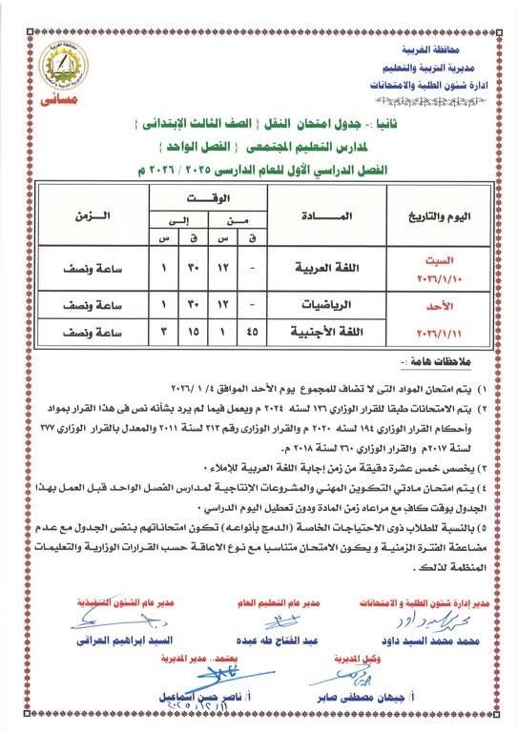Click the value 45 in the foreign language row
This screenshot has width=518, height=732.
(x=253, y=332)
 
